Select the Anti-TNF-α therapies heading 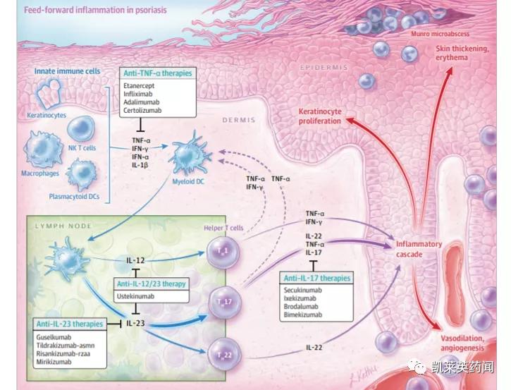click(158, 73)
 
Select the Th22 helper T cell click(223, 351)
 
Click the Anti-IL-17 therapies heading click(316, 278)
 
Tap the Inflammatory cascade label click(419, 248)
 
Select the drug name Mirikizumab click(54, 362)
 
